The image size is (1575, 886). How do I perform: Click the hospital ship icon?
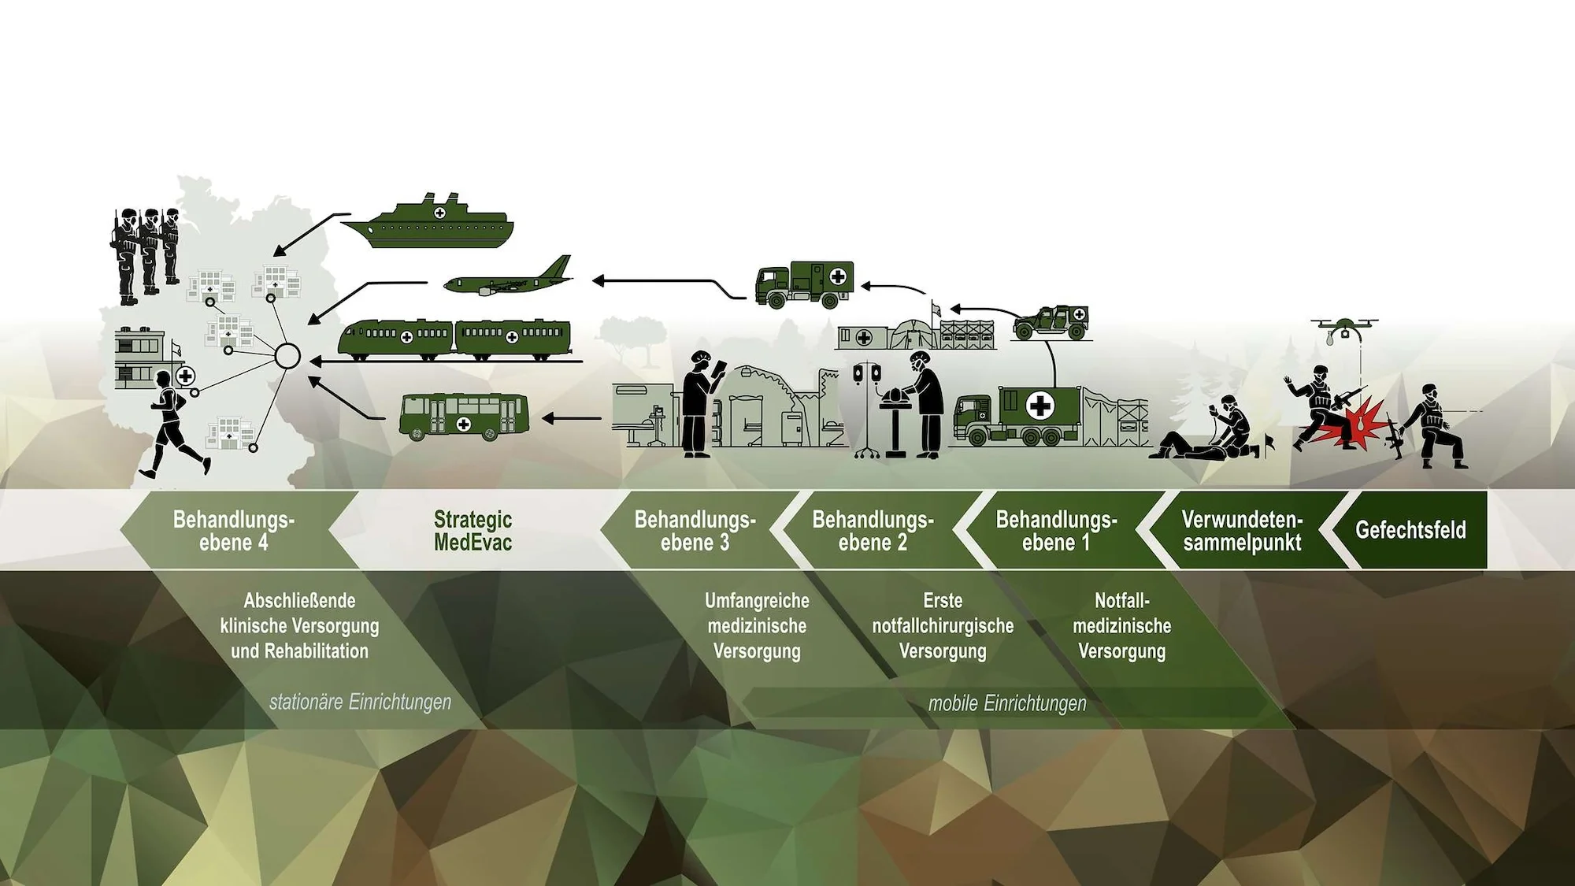[x=429, y=224]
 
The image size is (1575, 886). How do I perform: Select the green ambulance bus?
[x=464, y=415]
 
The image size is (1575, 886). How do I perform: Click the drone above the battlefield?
[x=1344, y=326]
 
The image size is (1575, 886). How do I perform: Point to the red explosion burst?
[x=1358, y=417]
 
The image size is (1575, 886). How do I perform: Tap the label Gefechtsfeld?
[x=1410, y=530]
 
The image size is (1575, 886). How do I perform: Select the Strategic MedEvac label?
[x=472, y=530]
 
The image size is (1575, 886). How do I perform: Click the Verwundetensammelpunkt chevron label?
[x=1242, y=530]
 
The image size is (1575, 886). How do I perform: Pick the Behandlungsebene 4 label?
[x=233, y=530]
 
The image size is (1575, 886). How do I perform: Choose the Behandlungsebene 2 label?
[x=873, y=530]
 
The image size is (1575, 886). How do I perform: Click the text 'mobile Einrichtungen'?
[x=1006, y=703]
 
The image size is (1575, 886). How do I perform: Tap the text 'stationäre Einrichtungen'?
[x=360, y=702]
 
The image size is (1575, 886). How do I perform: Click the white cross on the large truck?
[x=1040, y=406]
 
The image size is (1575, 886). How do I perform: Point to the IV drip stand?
[x=866, y=410]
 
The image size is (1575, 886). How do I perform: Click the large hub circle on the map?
[x=287, y=357]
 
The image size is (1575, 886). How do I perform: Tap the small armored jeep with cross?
[x=1051, y=321]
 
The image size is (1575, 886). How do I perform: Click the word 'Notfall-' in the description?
[x=1121, y=601]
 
